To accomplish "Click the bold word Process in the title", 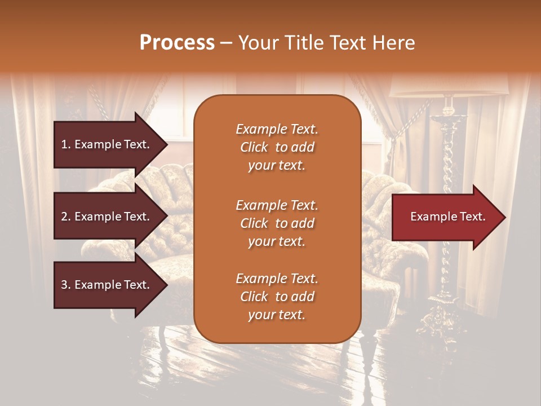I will tap(177, 43).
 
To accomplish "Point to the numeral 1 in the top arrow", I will tap(64, 144).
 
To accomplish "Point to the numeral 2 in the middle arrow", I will tap(64, 217).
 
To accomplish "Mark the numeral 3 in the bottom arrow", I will tap(64, 285).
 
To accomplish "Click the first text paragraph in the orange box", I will tap(277, 147).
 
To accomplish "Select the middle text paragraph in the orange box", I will tap(277, 223).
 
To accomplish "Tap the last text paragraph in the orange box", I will tap(277, 297).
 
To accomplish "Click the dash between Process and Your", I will tap(227, 43).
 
